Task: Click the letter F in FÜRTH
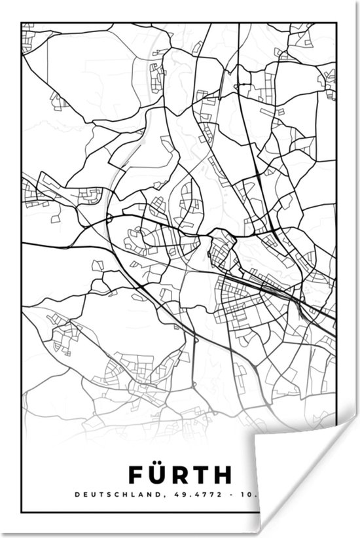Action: point(135,473)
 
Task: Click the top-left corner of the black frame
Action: point(22,24)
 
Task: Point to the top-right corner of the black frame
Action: point(336,24)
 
